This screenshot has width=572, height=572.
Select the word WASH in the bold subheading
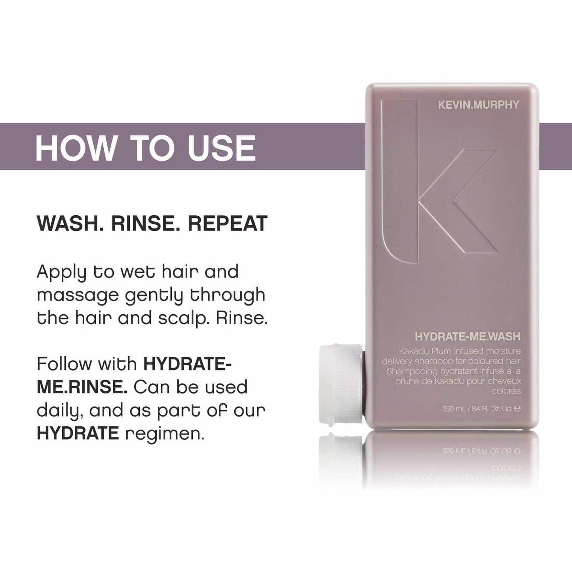click(x=70, y=223)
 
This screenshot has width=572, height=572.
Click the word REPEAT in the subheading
click(x=228, y=223)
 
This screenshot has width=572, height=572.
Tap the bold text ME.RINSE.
click(x=82, y=387)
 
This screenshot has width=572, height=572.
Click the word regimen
click(x=165, y=433)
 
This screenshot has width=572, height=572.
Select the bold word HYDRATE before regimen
click(x=78, y=433)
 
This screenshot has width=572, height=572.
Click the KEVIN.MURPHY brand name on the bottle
click(x=478, y=105)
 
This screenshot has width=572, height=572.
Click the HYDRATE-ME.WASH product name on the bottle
click(x=467, y=336)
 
